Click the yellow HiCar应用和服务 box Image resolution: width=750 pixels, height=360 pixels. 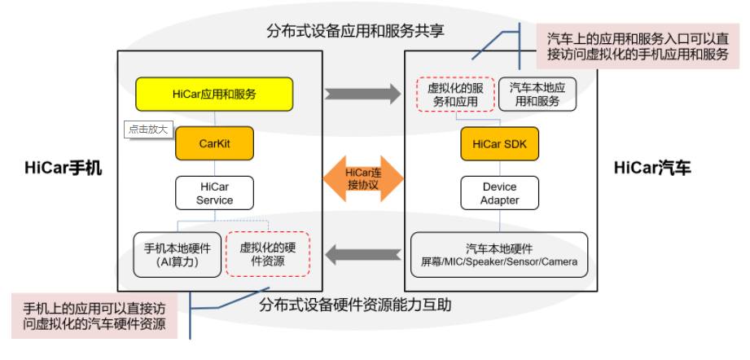[214, 94]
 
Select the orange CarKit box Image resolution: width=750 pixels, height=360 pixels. [215, 144]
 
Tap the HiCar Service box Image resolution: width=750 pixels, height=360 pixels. [215, 193]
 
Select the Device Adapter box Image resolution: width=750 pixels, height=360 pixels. [499, 193]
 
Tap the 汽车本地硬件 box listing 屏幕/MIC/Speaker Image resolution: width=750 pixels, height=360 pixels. [499, 254]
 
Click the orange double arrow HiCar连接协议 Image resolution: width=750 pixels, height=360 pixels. [364, 177]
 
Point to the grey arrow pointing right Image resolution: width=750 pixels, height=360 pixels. [362, 94]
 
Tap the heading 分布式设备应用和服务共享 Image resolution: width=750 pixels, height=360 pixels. [360, 31]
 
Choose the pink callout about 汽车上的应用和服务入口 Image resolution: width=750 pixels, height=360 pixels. [637, 46]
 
